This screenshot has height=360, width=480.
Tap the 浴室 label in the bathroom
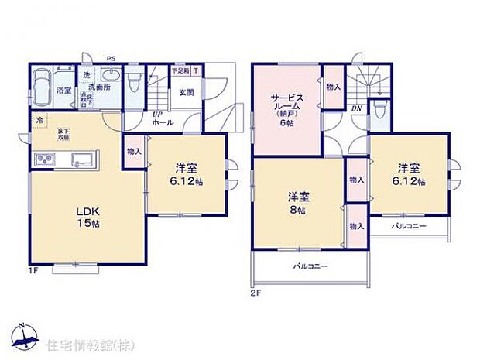(63, 91)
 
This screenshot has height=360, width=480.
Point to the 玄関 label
(187, 91)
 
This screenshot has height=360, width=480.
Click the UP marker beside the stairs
(156, 115)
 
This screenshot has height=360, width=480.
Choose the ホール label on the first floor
(163, 123)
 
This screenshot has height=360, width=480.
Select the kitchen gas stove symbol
(45, 160)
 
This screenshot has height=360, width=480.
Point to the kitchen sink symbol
(81, 159)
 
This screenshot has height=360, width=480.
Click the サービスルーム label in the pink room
(286, 105)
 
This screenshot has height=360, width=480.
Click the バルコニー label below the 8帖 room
(310, 266)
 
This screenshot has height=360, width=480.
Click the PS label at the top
(111, 57)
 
